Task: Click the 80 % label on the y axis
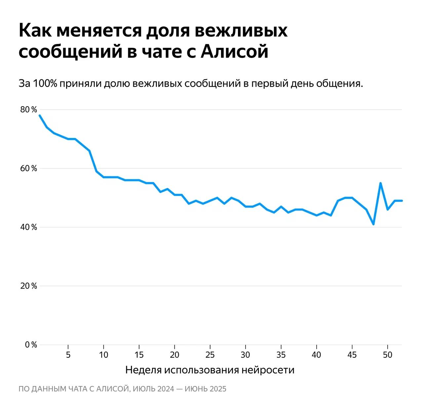click(x=29, y=110)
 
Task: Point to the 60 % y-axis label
click(x=29, y=168)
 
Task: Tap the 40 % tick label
click(x=29, y=227)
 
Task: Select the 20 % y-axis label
click(x=29, y=286)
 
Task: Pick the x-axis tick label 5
click(x=68, y=355)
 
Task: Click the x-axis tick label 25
click(x=210, y=355)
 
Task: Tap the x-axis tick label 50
click(x=388, y=355)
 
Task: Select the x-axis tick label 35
click(x=281, y=355)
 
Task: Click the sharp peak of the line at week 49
click(x=381, y=183)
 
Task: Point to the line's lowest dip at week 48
click(x=373, y=224)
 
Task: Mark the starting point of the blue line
click(x=40, y=115)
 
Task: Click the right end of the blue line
click(x=402, y=201)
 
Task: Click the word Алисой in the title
click(x=234, y=52)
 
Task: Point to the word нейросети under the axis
click(x=268, y=370)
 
